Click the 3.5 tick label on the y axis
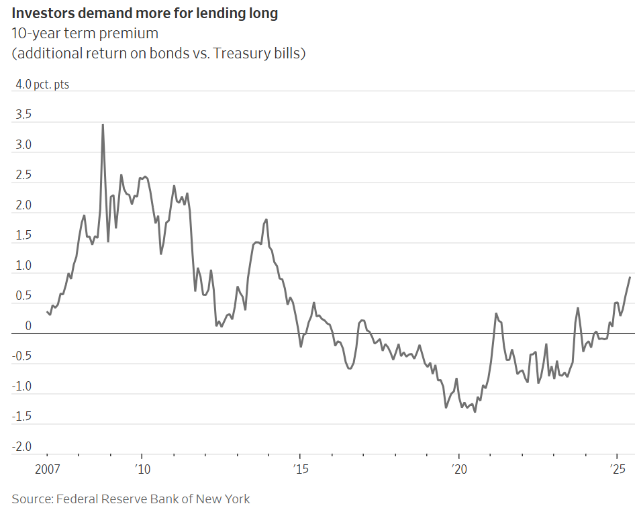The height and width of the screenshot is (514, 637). (23, 115)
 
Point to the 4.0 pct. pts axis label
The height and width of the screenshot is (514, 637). (42, 85)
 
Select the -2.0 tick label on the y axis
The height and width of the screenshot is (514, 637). (21, 447)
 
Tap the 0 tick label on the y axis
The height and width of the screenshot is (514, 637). (28, 326)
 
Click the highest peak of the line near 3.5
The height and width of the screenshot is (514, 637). (103, 125)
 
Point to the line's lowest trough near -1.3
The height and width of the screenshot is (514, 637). (475, 411)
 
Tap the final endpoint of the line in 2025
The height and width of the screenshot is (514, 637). (630, 277)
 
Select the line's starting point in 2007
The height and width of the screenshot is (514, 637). (47, 311)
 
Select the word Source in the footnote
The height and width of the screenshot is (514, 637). (31, 499)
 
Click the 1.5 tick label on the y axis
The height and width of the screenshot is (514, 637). (23, 236)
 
